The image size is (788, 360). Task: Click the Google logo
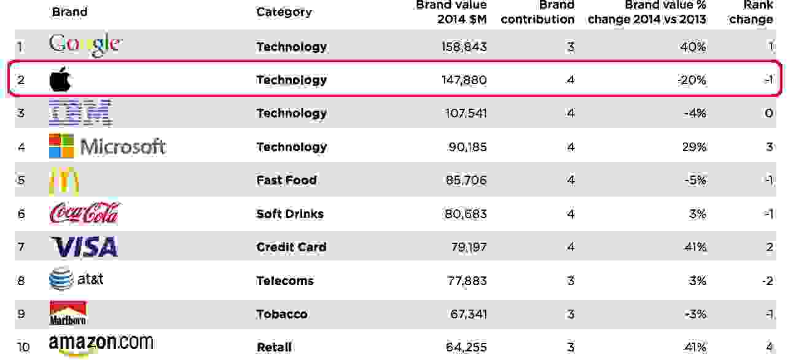(85, 45)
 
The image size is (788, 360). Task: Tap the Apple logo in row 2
(61, 80)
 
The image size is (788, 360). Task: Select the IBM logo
(80, 113)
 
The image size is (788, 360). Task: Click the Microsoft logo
(107, 146)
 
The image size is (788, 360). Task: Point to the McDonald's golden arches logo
(64, 181)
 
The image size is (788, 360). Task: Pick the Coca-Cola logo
(84, 214)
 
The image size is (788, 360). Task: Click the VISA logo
(84, 247)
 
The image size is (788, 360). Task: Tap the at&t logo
(76, 280)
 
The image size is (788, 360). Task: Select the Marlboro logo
(68, 313)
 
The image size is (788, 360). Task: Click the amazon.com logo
(101, 345)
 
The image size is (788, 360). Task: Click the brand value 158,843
(464, 47)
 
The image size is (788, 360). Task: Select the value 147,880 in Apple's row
(464, 80)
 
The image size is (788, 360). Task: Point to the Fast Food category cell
(286, 180)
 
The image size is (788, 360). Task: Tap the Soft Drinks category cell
(290, 214)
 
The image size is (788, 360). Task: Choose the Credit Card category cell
(291, 247)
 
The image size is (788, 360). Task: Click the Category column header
(284, 12)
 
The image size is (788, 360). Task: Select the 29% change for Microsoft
(694, 147)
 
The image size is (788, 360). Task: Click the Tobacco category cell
(281, 314)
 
